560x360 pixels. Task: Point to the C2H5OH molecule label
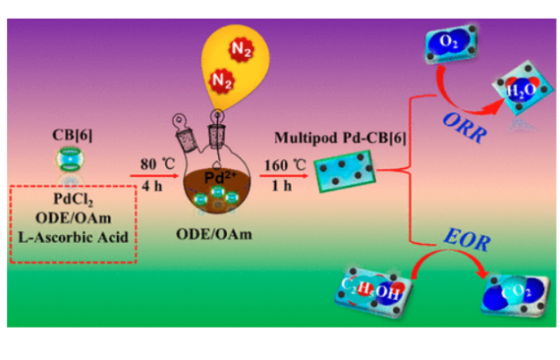pos(366,286)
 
